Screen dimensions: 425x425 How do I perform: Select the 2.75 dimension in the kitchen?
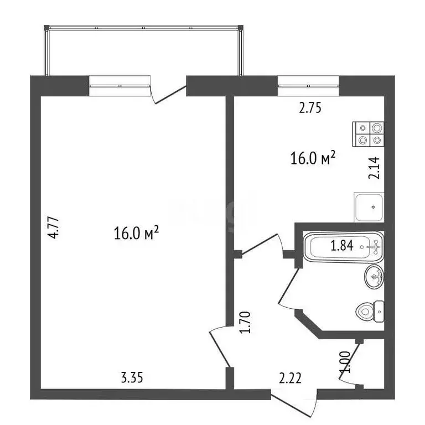click(x=310, y=108)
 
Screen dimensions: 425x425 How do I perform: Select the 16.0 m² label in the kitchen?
click(x=313, y=159)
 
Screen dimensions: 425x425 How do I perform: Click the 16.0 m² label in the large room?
click(x=136, y=233)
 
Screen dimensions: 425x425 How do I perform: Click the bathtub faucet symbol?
click(x=374, y=246)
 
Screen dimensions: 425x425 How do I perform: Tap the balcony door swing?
click(x=169, y=93)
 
